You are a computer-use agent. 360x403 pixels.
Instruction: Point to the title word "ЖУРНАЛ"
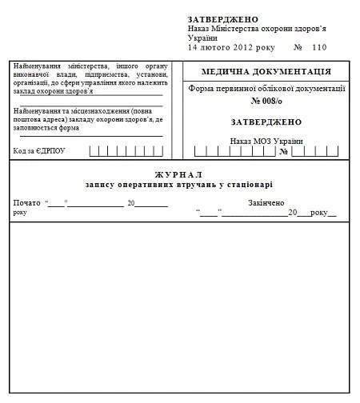(x=178, y=174)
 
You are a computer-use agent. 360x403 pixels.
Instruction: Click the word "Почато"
(x=26, y=203)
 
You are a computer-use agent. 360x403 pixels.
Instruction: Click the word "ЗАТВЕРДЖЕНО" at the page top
(x=223, y=18)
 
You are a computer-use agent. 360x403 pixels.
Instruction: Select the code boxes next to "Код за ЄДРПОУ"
(x=118, y=150)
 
